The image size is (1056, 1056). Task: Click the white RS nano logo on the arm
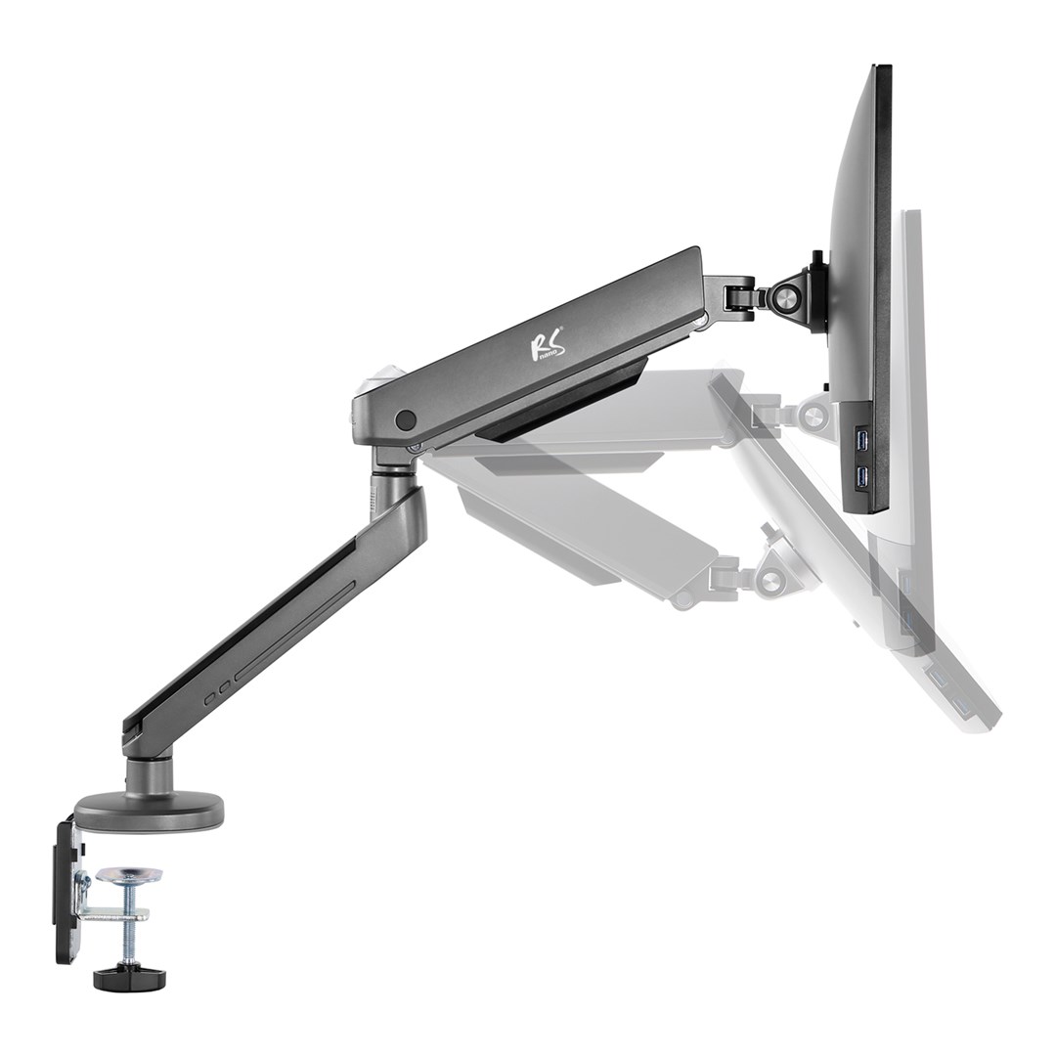click(x=547, y=345)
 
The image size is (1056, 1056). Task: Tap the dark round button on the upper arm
click(x=405, y=420)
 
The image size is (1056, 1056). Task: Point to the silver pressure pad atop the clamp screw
click(x=131, y=874)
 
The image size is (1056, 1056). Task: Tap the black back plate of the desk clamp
click(x=66, y=889)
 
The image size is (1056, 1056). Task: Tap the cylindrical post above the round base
click(x=145, y=771)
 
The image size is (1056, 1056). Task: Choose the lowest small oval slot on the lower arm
click(x=208, y=701)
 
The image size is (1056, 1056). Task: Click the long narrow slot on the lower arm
click(x=293, y=631)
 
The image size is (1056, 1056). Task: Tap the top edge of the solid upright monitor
click(x=879, y=67)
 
